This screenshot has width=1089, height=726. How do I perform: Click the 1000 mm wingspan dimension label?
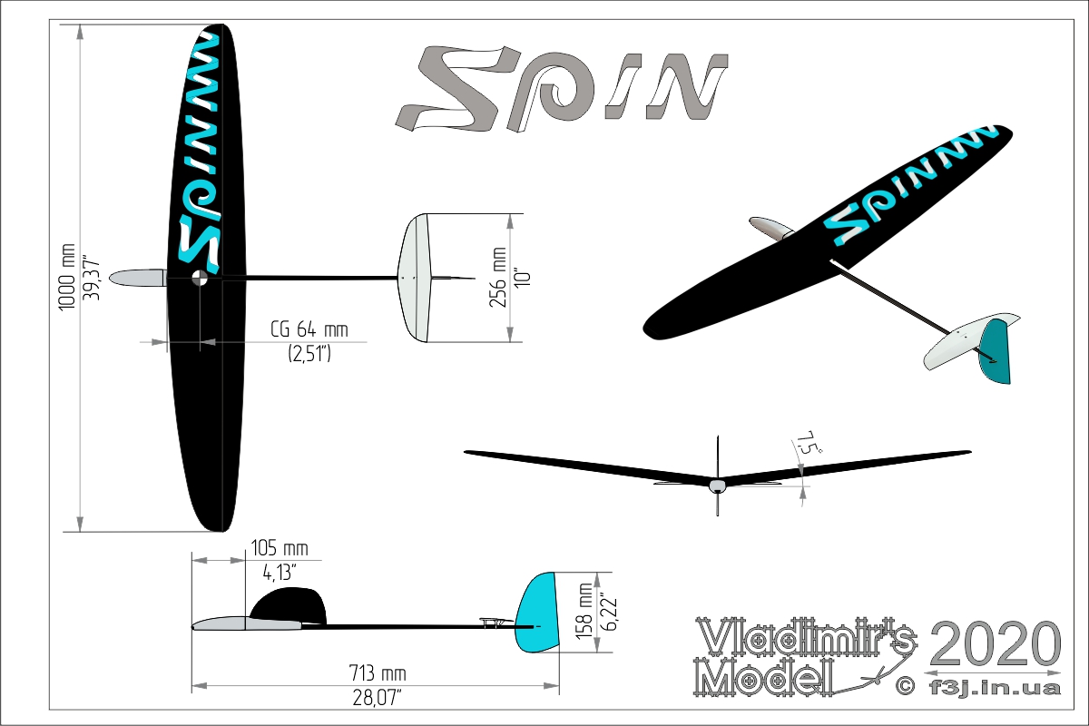[x=66, y=277]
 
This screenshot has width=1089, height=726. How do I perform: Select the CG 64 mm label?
[x=309, y=329]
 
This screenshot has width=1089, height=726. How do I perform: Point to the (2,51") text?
[x=309, y=354]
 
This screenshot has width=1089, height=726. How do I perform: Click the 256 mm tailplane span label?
[x=498, y=277]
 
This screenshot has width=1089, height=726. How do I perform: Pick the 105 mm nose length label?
[x=280, y=548]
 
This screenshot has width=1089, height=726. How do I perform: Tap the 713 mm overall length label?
[x=378, y=673]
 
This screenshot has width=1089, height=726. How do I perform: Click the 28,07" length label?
[x=378, y=698]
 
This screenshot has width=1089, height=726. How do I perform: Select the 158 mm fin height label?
[x=584, y=612]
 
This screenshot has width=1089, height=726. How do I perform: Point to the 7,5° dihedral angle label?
[x=808, y=443]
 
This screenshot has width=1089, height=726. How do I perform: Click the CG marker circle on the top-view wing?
[x=200, y=278]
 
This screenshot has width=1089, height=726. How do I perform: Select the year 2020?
[x=995, y=643]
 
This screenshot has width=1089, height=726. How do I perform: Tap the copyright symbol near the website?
[x=905, y=686]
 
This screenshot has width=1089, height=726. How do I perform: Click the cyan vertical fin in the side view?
[x=536, y=613]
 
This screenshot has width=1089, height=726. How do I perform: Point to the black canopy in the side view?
[x=289, y=605]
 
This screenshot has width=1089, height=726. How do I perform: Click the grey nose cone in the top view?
[x=138, y=278]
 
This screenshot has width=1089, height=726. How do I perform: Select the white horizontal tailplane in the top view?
[x=415, y=278]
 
